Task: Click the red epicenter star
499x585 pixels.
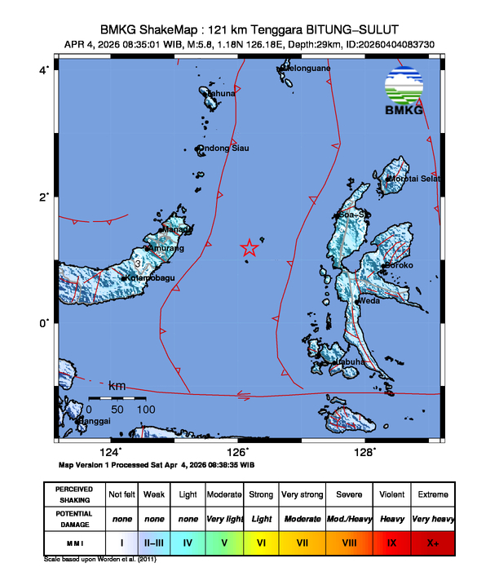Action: [x=249, y=249]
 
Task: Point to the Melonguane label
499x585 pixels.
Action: [x=307, y=69]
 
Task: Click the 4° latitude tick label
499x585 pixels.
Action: [x=44, y=70]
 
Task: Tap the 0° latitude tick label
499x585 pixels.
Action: [x=44, y=324]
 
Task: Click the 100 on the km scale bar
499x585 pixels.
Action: [x=145, y=408]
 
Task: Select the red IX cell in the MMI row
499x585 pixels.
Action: [x=391, y=541]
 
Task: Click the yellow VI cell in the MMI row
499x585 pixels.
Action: [x=261, y=541]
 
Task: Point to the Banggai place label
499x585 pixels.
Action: [x=94, y=421]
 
